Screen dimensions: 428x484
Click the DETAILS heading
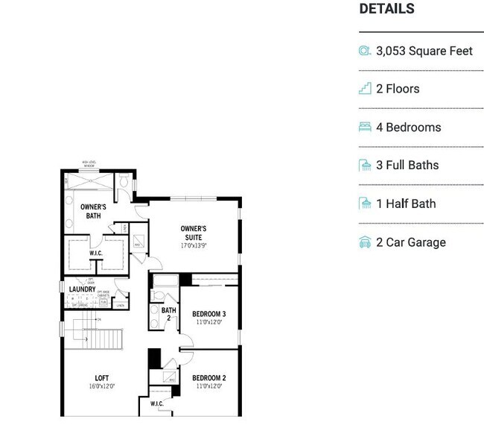386,9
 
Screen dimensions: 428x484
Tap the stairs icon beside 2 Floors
365,89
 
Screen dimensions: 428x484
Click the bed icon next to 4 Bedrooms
365,128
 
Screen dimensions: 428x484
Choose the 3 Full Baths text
407,166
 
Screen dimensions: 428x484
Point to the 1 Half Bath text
406,204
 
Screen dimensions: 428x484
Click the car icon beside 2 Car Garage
365,242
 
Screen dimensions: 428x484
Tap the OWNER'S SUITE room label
194,233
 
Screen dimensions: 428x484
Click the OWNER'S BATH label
93,211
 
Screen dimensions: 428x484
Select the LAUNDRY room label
82,289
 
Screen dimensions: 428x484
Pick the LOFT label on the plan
102,378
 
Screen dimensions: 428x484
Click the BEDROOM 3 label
208,314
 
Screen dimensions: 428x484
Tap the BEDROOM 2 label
208,378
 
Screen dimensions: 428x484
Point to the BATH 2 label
169,314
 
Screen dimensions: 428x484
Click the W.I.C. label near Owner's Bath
96,253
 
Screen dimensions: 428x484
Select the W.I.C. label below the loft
156,404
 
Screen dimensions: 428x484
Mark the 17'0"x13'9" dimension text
194,245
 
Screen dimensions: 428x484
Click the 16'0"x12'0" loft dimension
102,387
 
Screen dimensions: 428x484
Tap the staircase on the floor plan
93,336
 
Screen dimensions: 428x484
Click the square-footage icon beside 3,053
365,51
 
